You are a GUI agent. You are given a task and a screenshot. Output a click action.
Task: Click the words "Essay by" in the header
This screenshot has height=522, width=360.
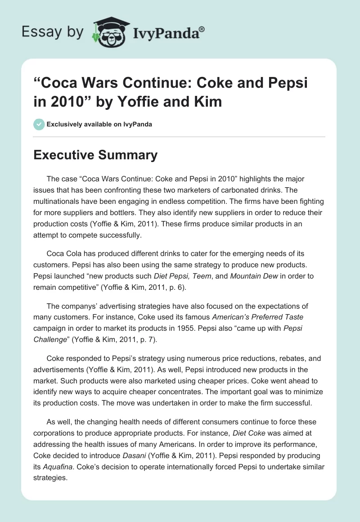(x=52, y=32)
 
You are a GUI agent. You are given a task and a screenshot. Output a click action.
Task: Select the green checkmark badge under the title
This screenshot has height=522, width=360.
(x=39, y=124)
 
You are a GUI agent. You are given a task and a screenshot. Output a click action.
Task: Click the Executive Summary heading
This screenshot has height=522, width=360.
(x=96, y=155)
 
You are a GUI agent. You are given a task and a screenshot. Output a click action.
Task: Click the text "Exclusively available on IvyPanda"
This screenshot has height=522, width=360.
(x=99, y=124)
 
